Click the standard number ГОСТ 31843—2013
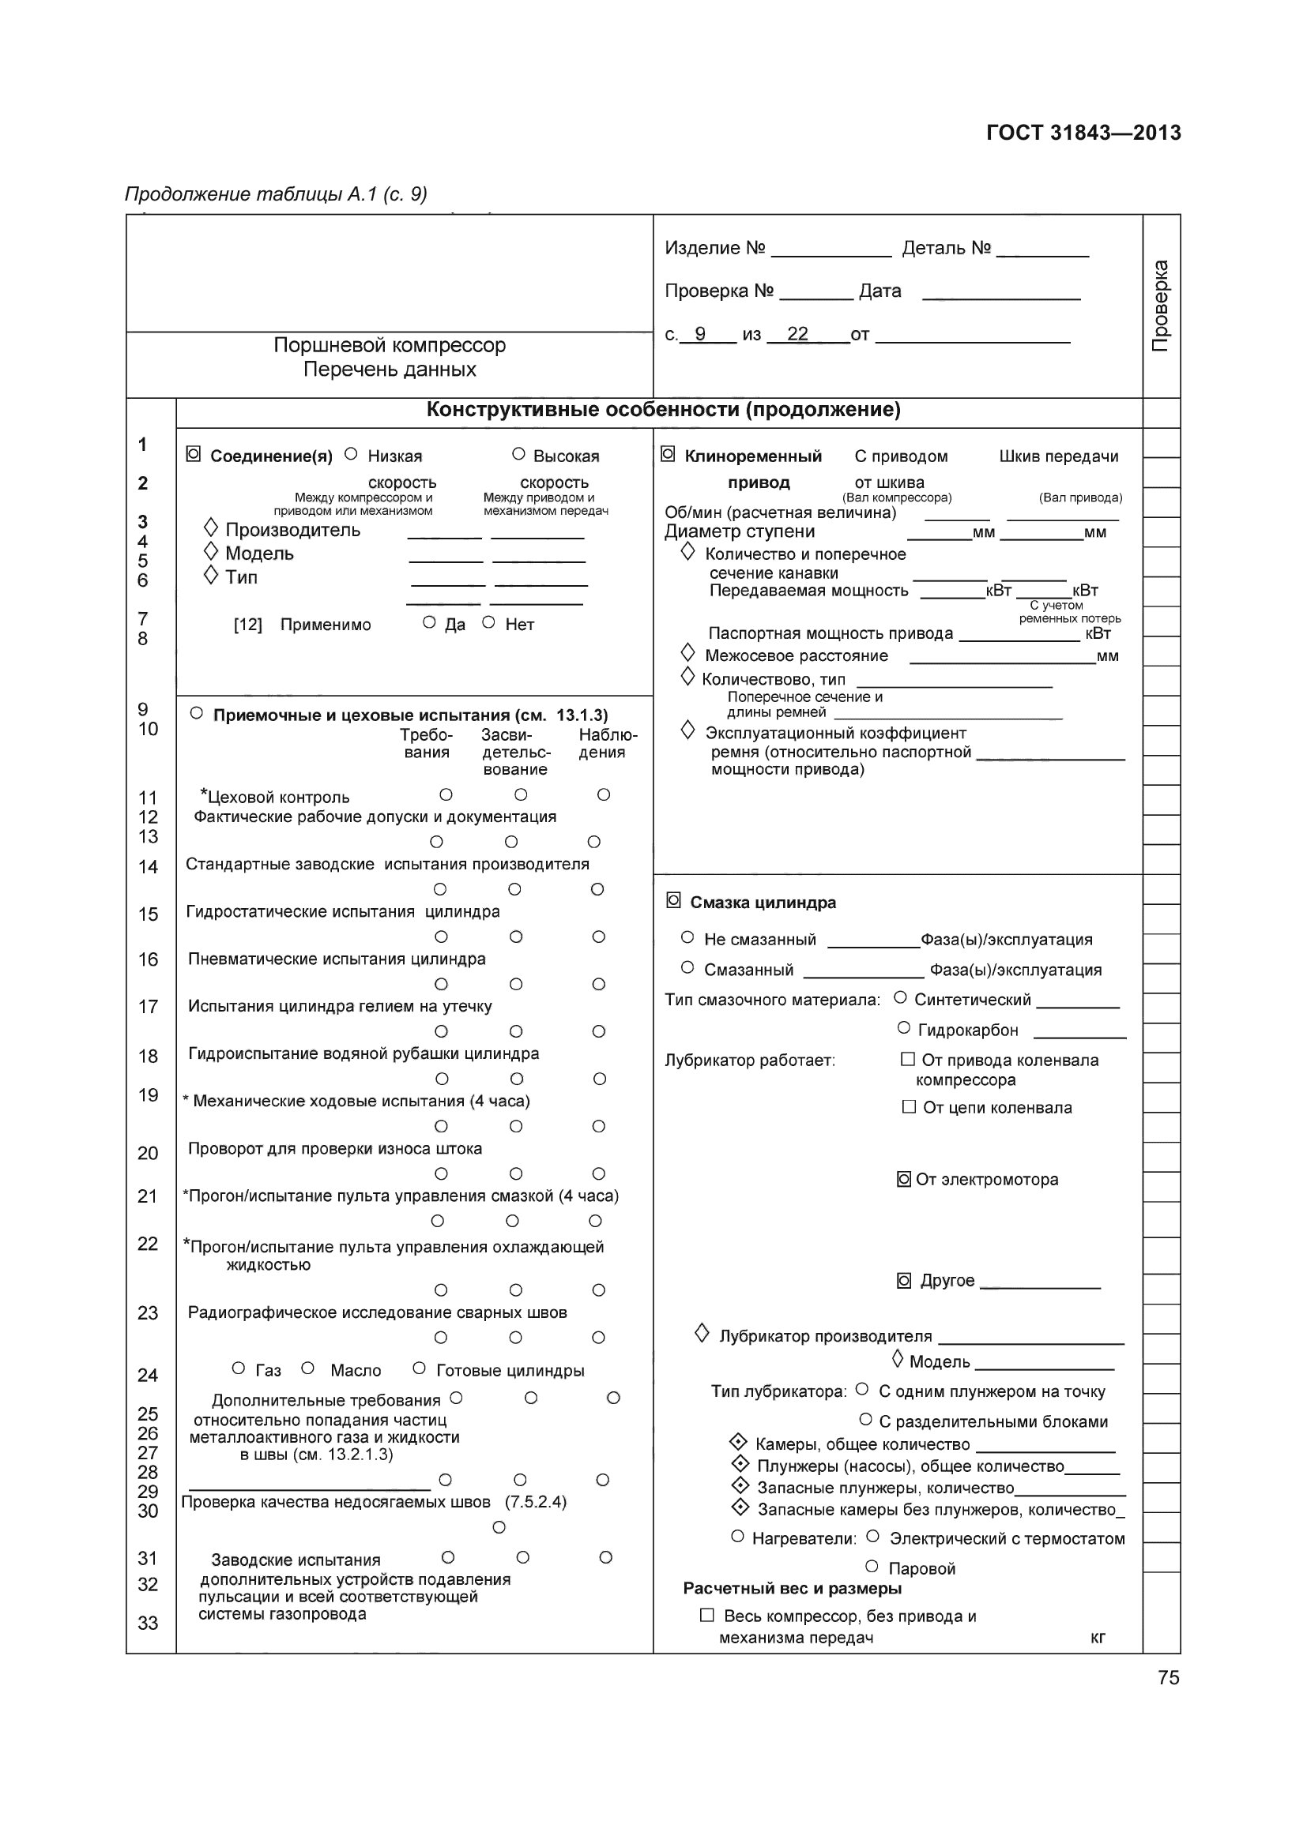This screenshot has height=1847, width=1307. click(1083, 133)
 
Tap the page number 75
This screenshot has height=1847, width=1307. click(1169, 1677)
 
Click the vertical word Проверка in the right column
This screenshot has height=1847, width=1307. click(1161, 305)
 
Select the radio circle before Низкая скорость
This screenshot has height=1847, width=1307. click(351, 455)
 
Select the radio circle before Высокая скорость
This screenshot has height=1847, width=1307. click(518, 455)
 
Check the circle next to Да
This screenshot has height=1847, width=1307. click(429, 622)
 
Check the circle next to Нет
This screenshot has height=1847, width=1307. click(488, 622)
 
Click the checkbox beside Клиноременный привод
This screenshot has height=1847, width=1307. click(667, 456)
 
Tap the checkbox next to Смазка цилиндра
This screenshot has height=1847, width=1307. click(673, 901)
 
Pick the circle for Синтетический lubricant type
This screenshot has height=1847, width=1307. click(901, 998)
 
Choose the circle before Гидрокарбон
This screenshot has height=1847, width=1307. click(903, 1028)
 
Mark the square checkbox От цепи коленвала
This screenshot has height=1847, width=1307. click(909, 1107)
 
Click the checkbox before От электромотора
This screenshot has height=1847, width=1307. click(903, 1179)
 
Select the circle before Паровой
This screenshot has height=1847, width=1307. click(872, 1566)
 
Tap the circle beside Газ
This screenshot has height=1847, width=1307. click(238, 1368)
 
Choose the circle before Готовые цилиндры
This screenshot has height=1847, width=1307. click(419, 1368)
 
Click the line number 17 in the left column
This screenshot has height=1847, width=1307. click(148, 1006)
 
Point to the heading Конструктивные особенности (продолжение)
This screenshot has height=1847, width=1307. click(663, 411)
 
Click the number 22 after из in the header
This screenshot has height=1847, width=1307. click(797, 334)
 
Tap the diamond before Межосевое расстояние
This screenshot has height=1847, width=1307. click(687, 651)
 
